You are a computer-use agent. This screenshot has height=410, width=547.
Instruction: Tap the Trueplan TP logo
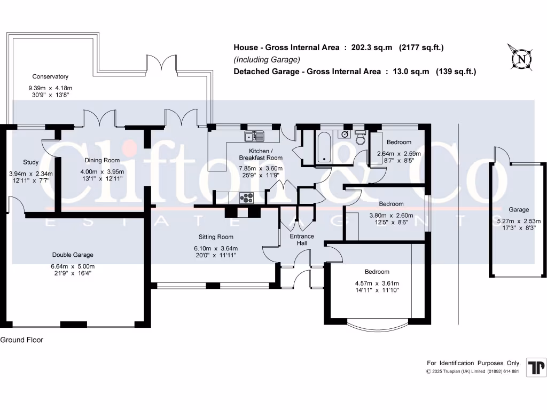point(536,368)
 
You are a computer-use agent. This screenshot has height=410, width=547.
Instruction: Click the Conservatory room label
point(50,76)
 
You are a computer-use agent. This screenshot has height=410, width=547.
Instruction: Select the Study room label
point(31,162)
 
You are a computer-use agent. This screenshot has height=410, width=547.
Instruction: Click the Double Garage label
point(73,255)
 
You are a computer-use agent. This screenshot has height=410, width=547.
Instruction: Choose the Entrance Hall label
point(302,240)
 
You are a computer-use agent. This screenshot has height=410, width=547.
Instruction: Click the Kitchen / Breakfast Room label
point(261,154)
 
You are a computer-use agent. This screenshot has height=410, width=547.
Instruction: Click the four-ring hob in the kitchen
point(247,198)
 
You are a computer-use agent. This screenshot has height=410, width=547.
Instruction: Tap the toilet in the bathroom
point(360,138)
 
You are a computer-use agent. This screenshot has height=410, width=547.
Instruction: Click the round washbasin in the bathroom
point(345,134)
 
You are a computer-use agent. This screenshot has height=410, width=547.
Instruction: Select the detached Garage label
point(518,210)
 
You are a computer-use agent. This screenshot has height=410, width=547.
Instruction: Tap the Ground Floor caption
point(22,340)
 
